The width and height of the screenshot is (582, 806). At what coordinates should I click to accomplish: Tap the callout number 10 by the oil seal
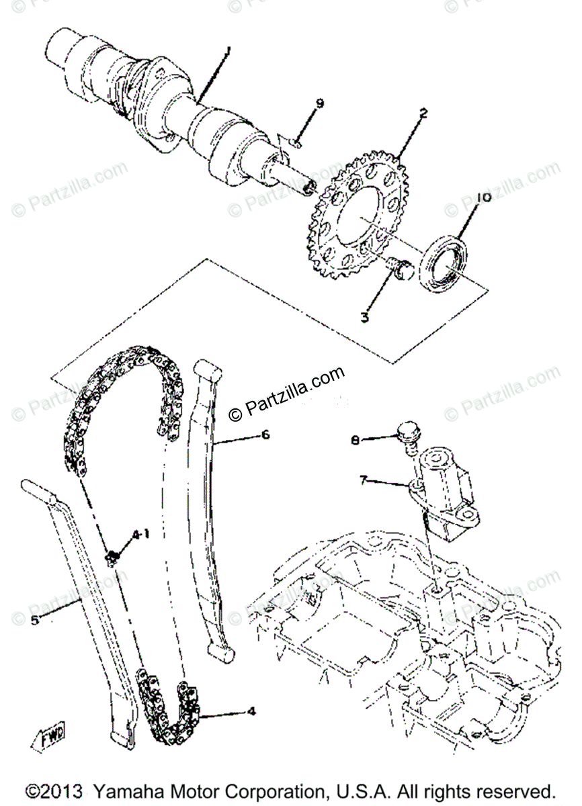[x=483, y=197]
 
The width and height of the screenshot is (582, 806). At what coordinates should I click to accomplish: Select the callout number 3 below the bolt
[x=364, y=316]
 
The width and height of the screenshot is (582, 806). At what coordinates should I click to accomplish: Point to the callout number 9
[x=320, y=103]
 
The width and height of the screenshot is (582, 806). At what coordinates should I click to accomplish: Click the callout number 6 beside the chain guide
[x=265, y=435]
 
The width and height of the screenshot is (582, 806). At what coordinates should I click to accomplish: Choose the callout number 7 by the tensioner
[x=364, y=480]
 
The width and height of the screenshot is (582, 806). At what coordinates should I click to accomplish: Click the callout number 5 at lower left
[x=34, y=620]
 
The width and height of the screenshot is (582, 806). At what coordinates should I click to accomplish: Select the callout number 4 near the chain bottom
[x=251, y=709]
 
